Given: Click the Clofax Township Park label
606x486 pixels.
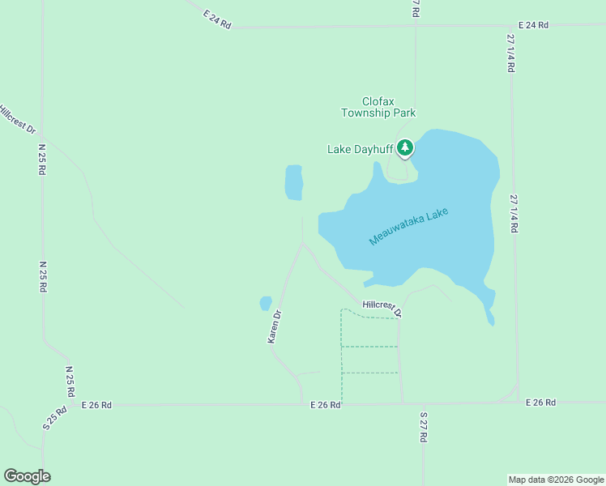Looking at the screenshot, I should coord(378,108).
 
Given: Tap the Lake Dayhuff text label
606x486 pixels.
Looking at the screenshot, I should coord(360,149).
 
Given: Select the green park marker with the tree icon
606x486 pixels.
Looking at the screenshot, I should coord(405,148).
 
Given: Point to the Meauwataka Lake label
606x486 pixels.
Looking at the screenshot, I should coord(408,227).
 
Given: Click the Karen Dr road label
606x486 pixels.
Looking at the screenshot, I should coord(275,326).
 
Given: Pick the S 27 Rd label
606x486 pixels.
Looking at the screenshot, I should coord(424,427).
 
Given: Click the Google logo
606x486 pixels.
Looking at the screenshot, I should coord(27,476).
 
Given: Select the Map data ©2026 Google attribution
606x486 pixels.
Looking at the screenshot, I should coord(557,480).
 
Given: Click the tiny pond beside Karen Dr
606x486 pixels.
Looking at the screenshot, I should coord(265,304).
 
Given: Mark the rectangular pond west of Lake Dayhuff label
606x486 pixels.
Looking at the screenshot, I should coord(293,182).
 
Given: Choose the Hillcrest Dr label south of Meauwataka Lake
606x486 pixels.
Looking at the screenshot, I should coord(382,307).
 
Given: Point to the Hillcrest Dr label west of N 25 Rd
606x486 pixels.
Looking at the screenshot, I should coord(17,119).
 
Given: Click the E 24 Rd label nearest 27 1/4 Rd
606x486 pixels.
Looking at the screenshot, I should coord(533,25).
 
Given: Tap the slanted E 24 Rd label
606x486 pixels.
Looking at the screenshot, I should coord(217,20).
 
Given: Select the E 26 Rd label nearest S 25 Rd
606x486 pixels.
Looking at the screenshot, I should coord(96,404).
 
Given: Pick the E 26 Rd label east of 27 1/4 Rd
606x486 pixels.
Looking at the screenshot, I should coord(540,403).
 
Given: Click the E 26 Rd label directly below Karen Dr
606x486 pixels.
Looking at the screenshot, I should coord(325,404).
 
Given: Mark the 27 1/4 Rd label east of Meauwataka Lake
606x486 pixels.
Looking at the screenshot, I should coord(513,213).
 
